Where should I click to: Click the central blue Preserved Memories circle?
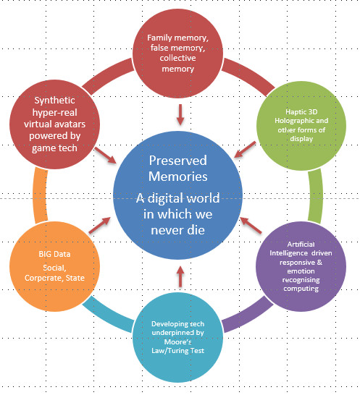point(178,195)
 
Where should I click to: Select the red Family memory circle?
point(178,54)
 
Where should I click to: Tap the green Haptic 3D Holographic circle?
point(301,126)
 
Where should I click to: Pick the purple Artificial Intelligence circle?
point(301,266)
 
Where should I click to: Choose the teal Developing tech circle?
point(178,337)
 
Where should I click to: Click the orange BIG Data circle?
point(55,266)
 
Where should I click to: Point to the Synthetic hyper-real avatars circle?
point(55,124)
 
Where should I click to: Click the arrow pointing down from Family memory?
point(180,114)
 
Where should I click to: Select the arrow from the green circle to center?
point(245,150)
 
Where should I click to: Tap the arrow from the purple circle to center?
point(251,225)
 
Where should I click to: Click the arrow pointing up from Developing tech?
point(180,276)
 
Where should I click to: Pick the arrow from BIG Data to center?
point(100,225)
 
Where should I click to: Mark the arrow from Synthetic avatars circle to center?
point(105,155)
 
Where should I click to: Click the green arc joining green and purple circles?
point(316,196)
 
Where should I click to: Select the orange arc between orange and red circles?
point(40,195)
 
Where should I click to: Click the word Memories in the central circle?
point(178,176)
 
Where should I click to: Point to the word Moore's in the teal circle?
point(178,341)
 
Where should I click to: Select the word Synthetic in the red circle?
point(55,101)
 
